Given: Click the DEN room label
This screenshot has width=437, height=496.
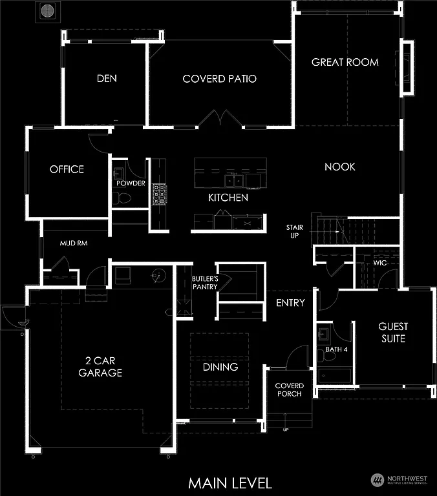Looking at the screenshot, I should tap(107, 79).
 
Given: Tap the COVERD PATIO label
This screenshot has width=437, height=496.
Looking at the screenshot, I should tap(220, 79).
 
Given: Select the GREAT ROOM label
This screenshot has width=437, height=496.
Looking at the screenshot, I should tap(345, 62).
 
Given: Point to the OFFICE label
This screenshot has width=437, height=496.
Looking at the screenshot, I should tap(67, 169).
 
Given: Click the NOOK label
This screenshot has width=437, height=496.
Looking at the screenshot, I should tap(340, 167).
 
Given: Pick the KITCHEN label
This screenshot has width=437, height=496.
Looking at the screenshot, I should tap(228, 198).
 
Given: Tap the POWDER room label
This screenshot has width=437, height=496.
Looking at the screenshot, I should tap(131, 183).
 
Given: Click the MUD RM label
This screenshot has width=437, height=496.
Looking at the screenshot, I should tap(74, 244).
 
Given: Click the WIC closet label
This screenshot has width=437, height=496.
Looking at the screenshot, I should tap(379, 263).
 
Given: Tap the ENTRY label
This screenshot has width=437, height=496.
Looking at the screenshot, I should tap(290, 303).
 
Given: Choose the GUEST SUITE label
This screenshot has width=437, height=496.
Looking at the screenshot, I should tap(393, 332).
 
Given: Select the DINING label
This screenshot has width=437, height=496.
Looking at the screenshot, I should tap(220, 367).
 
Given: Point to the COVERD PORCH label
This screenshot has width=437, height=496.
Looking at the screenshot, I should tap(289, 389).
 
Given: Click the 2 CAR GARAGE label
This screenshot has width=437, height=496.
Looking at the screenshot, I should tap(100, 367).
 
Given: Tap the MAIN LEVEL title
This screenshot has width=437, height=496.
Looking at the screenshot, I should tap(230, 482).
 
